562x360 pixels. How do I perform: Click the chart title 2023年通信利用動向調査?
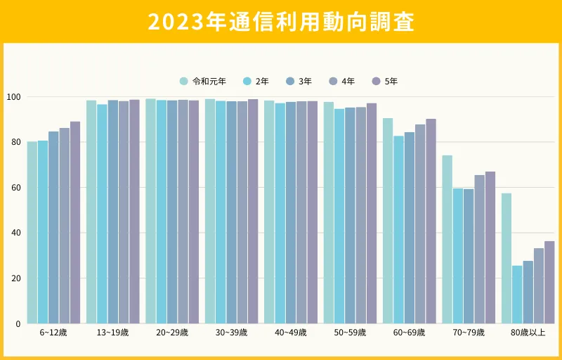click(281, 22)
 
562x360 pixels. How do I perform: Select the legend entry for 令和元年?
click(203, 82)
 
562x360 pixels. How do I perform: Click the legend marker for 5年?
click(376, 82)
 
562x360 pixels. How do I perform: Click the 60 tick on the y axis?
click(16, 188)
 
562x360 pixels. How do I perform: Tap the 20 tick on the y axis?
click(16, 278)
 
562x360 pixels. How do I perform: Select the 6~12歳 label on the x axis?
click(53, 333)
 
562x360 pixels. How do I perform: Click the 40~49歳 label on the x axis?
click(291, 333)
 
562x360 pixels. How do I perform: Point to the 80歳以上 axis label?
click(528, 333)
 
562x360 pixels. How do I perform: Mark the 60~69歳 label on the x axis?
click(410, 333)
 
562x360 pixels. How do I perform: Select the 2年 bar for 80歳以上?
click(517, 295)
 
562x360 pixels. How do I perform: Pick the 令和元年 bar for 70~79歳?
click(447, 239)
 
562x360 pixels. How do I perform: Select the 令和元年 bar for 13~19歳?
click(91, 212)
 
